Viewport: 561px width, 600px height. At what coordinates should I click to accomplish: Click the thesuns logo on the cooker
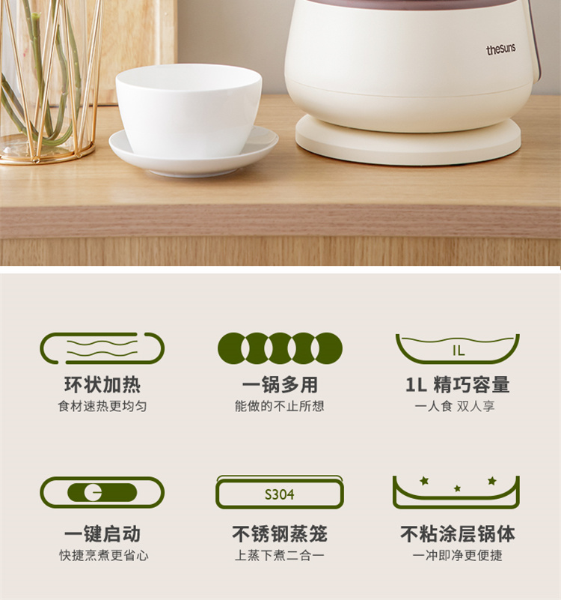[500, 49]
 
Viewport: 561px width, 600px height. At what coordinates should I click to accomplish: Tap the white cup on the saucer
[188, 111]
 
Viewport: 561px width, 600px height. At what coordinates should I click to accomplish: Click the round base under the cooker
[408, 140]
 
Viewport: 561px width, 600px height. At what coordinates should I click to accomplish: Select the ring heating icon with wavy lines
[102, 348]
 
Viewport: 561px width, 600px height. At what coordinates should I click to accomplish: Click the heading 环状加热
[102, 384]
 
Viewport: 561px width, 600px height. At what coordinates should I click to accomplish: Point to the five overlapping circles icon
[280, 348]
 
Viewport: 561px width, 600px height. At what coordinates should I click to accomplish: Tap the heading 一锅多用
[280, 384]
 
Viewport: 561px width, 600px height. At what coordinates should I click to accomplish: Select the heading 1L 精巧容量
[458, 384]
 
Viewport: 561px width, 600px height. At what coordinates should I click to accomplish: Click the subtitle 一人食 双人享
[455, 406]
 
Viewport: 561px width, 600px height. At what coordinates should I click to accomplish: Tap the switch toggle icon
[102, 492]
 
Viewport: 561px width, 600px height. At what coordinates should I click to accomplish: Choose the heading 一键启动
[102, 534]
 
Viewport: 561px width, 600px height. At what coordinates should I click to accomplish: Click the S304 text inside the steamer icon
[280, 495]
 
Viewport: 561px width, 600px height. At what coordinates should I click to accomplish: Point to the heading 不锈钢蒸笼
[280, 534]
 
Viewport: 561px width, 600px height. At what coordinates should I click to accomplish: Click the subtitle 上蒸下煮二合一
[280, 555]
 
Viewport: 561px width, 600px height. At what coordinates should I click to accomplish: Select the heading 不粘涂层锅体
[458, 534]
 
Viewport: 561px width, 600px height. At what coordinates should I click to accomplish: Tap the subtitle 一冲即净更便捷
[458, 555]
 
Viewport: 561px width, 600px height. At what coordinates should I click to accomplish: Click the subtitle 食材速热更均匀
[102, 406]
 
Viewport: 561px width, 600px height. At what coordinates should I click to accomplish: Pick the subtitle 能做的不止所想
[280, 406]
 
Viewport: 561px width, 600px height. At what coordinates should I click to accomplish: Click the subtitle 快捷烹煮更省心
[103, 555]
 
